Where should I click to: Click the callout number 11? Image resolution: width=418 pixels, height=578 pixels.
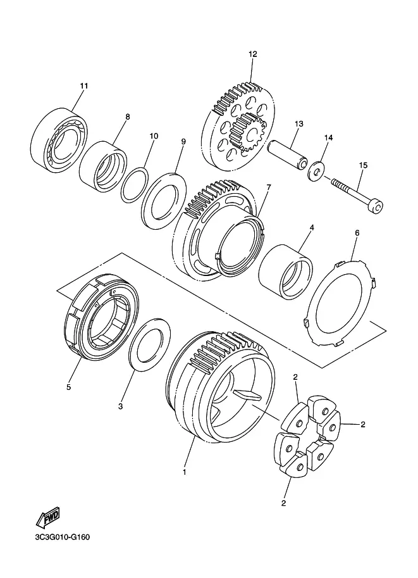click(84, 86)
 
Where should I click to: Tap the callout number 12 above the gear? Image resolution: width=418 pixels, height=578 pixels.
click(253, 54)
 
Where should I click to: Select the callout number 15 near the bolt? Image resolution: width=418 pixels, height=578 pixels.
click(363, 165)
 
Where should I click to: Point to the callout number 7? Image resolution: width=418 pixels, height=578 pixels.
click(268, 187)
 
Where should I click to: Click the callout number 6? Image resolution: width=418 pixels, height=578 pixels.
click(357, 233)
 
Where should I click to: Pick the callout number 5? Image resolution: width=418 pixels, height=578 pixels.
click(68, 387)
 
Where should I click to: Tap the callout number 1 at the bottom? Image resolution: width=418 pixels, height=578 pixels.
click(185, 472)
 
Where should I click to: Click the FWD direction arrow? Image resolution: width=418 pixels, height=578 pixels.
click(47, 518)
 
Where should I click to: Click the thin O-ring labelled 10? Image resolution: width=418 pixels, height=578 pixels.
click(135, 185)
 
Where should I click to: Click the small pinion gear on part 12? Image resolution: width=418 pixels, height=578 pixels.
click(247, 131)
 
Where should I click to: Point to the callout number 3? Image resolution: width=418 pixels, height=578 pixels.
click(120, 406)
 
